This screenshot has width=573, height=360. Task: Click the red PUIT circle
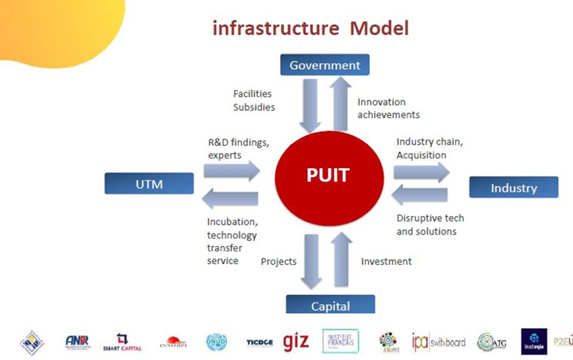point(328,176)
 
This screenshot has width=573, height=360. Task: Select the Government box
point(325,65)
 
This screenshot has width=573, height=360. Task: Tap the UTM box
point(149,184)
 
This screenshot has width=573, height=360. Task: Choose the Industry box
point(513,188)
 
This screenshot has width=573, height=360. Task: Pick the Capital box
point(330,305)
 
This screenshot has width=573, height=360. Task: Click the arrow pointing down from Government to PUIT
point(310,104)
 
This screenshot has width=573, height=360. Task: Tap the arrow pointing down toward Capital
point(312,260)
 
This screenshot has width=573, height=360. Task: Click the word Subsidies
point(254,107)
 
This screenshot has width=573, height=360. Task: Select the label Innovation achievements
point(388,109)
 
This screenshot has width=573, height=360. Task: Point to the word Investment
point(386,261)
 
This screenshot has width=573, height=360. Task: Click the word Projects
point(279,261)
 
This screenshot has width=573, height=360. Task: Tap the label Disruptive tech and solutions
point(430,225)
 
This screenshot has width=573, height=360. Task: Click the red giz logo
point(296,341)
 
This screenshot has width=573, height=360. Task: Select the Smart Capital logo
point(122,342)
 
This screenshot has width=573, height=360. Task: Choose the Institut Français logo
point(340,341)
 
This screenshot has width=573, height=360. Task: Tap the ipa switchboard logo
point(438,342)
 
